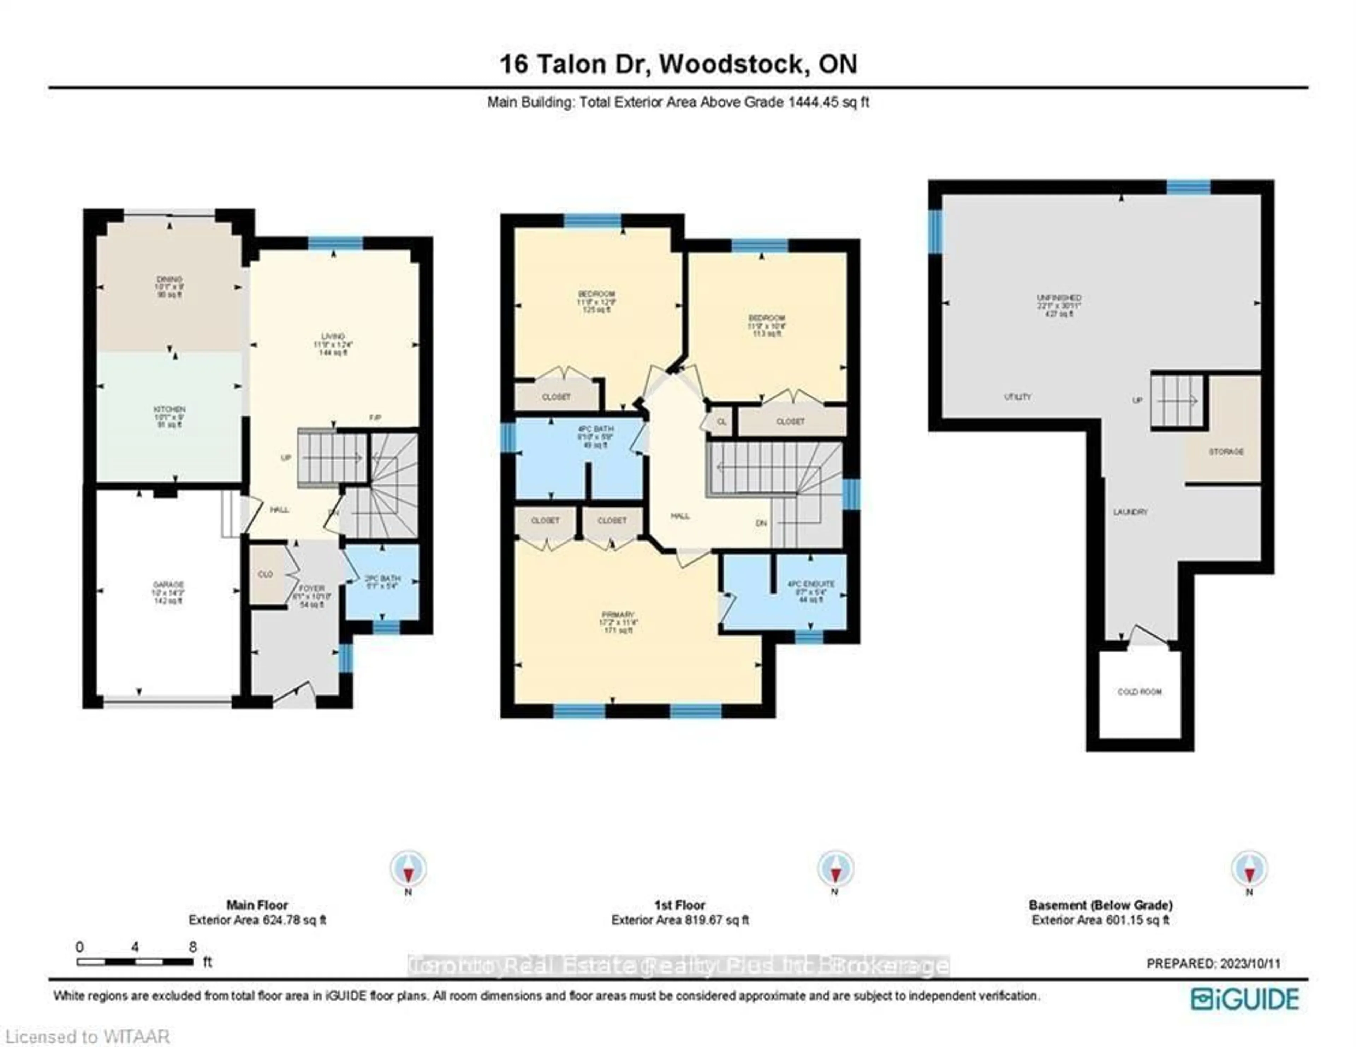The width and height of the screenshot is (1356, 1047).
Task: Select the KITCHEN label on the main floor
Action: [x=169, y=410]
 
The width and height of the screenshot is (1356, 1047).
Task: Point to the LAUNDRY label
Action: [x=1130, y=512]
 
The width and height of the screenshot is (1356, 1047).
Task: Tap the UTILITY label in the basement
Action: [x=1017, y=397]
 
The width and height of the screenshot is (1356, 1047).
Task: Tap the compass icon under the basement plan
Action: [x=1249, y=869]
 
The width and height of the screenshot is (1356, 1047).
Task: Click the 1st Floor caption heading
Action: [x=680, y=905]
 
